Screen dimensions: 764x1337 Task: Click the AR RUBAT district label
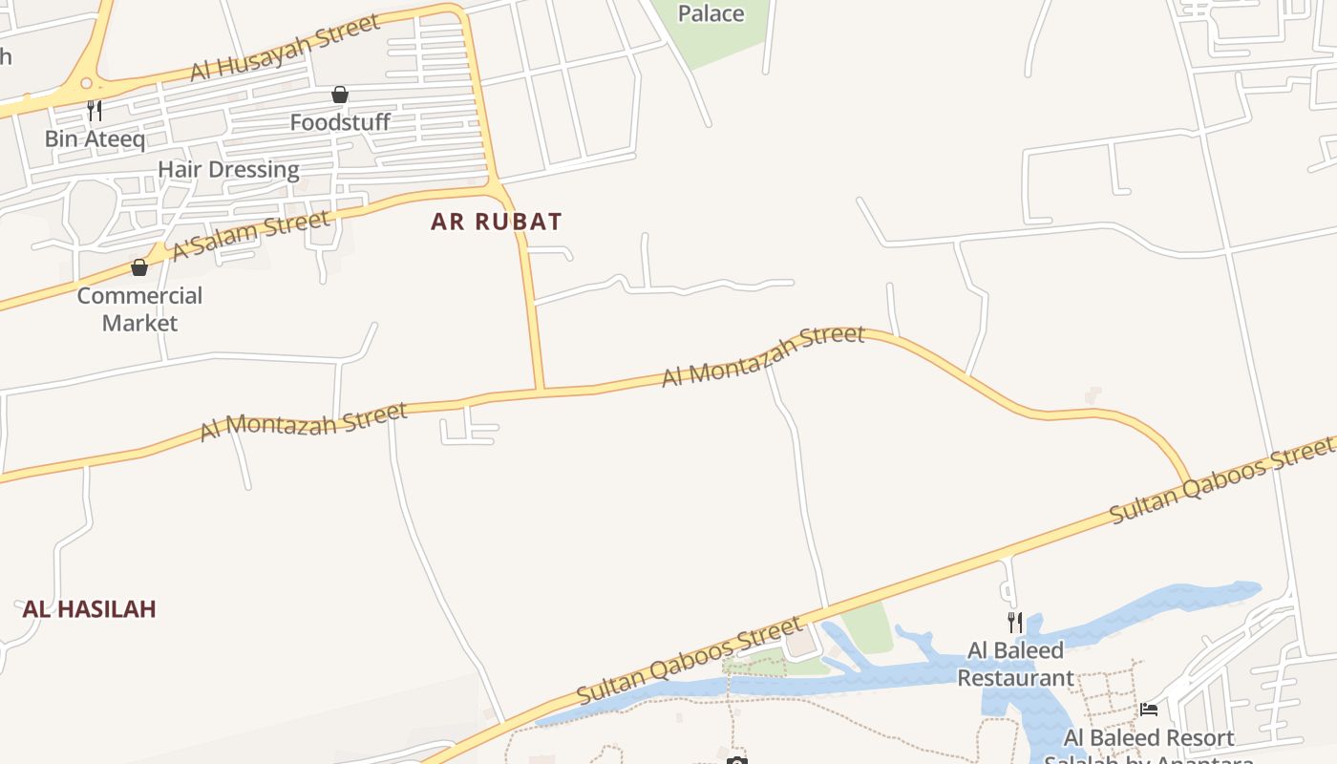pyautogui.click(x=496, y=222)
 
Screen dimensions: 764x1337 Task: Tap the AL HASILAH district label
pyautogui.click(x=89, y=608)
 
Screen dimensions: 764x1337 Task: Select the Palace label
pyautogui.click(x=711, y=13)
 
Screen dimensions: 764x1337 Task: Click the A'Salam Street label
pyautogui.click(x=251, y=235)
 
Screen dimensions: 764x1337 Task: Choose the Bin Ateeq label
pyautogui.click(x=95, y=138)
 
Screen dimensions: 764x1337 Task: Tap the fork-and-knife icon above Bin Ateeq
pyautogui.click(x=94, y=111)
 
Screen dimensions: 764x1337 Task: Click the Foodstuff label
pyautogui.click(x=340, y=122)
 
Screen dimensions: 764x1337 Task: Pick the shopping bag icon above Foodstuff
pyautogui.click(x=339, y=95)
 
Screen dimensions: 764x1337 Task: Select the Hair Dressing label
pyautogui.click(x=228, y=170)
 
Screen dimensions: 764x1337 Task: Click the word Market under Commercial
pyautogui.click(x=139, y=323)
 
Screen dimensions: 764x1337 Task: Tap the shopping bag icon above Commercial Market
pyautogui.click(x=139, y=267)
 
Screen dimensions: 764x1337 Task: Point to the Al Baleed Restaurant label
pyautogui.click(x=1015, y=665)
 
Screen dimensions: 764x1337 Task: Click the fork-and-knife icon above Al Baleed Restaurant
pyautogui.click(x=1015, y=623)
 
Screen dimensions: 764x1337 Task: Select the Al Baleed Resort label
pyautogui.click(x=1149, y=738)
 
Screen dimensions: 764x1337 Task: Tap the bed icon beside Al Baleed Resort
pyautogui.click(x=1149, y=710)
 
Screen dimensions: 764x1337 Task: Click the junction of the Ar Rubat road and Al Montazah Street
pyautogui.click(x=541, y=390)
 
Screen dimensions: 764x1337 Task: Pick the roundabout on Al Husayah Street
pyautogui.click(x=87, y=84)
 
